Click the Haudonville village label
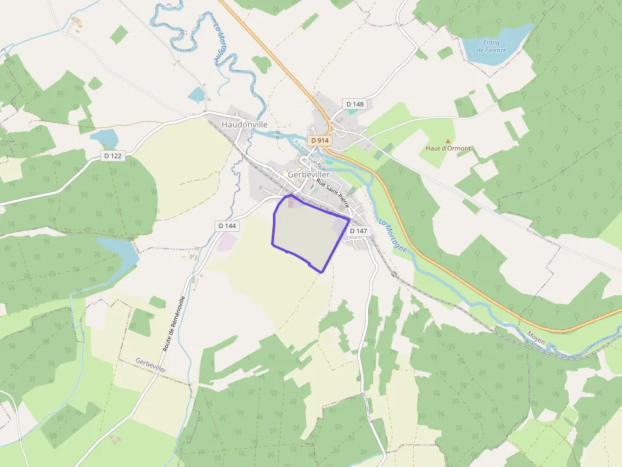(244, 125)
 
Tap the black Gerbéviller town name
(308, 174)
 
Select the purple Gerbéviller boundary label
(150, 364)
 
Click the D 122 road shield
(112, 156)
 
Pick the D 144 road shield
(227, 226)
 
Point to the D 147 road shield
(358, 231)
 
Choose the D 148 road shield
(355, 103)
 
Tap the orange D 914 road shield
(320, 139)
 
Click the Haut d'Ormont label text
(448, 149)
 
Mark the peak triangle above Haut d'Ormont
(448, 141)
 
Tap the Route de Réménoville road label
(174, 323)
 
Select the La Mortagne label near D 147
(393, 236)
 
